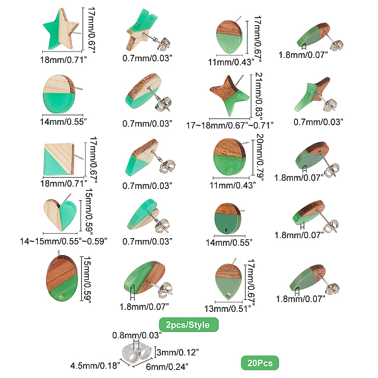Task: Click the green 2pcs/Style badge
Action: (188, 324)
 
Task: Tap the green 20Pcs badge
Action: (260, 363)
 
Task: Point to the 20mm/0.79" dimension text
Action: (260, 157)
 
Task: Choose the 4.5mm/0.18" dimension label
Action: (95, 365)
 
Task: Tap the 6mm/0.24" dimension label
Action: (167, 367)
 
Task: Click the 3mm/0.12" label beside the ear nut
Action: (178, 352)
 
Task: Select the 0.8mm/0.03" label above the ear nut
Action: (137, 335)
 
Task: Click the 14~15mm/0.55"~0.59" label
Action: (64, 241)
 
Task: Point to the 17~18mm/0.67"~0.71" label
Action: (230, 125)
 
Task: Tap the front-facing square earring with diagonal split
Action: (59, 159)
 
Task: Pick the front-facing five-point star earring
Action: (60, 30)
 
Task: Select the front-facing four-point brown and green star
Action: (229, 95)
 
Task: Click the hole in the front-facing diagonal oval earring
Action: (62, 296)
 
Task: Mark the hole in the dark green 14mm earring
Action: (226, 231)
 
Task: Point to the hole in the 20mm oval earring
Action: (227, 170)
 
